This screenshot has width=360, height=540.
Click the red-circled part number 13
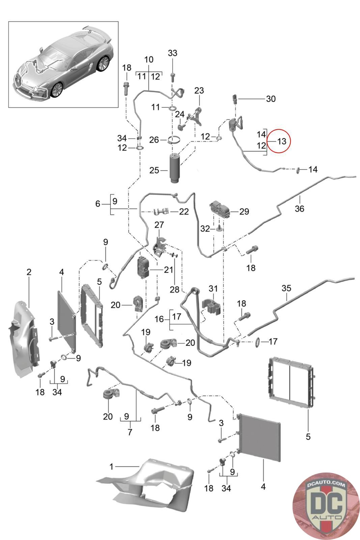[x=281, y=141]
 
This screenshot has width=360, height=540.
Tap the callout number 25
[x=154, y=170]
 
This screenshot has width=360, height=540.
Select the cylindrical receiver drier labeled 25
[x=175, y=168]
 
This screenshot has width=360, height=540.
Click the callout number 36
[x=299, y=209]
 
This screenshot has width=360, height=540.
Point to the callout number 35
[x=286, y=289]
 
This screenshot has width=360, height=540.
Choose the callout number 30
[x=271, y=99]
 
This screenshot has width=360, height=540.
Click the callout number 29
[x=244, y=212]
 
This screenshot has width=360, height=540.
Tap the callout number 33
[x=172, y=53]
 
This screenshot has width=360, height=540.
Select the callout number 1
[x=111, y=467]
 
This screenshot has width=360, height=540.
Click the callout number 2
[x=29, y=272]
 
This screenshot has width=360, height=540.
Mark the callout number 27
[x=159, y=225]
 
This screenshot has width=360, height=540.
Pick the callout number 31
[x=213, y=289]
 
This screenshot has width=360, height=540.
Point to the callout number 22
[x=184, y=212]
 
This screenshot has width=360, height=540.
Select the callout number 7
[x=130, y=432]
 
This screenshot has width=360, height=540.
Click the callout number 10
[x=148, y=60]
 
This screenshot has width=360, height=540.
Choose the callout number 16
[x=159, y=319]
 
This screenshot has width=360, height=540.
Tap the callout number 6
[x=98, y=204]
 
